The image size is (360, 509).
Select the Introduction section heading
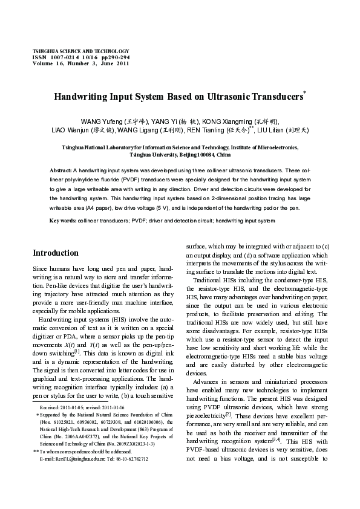coord(56,253)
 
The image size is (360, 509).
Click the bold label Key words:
coord(63,221)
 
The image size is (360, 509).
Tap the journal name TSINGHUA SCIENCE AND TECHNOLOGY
coord(80,51)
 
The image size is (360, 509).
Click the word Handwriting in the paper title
coord(83,96)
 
